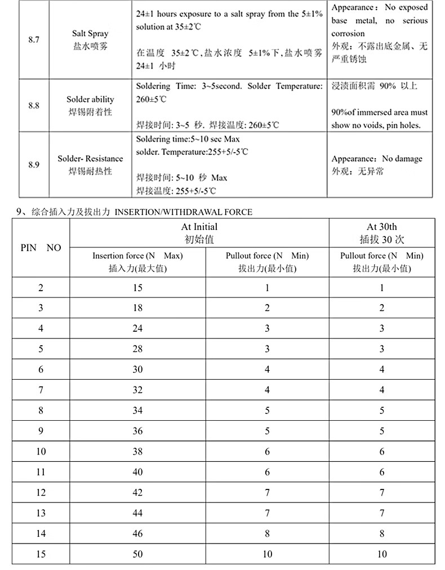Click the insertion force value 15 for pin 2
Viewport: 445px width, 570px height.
click(x=137, y=288)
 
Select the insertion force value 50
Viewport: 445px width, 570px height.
click(x=137, y=554)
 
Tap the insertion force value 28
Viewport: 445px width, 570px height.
click(x=137, y=349)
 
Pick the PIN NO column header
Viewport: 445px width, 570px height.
click(x=41, y=248)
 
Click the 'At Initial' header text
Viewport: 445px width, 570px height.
click(x=199, y=227)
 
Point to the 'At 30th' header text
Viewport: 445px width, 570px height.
click(x=381, y=227)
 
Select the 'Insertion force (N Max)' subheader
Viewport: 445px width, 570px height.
click(x=137, y=256)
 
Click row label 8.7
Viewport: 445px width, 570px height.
click(x=33, y=40)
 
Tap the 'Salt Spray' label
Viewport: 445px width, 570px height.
click(x=90, y=34)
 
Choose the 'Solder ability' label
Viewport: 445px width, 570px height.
click(x=90, y=100)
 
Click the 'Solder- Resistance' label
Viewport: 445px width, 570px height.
click(x=90, y=159)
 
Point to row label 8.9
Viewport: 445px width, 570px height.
click(x=33, y=164)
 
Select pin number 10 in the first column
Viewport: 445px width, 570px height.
click(x=41, y=452)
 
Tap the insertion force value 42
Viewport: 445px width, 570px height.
click(x=137, y=493)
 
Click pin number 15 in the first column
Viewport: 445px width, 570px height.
click(x=41, y=554)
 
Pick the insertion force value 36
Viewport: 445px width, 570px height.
click(x=137, y=431)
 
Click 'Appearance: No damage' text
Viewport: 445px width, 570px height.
click(x=376, y=159)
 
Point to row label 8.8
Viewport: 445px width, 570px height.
click(x=33, y=105)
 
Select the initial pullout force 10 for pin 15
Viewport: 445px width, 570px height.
click(x=267, y=554)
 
